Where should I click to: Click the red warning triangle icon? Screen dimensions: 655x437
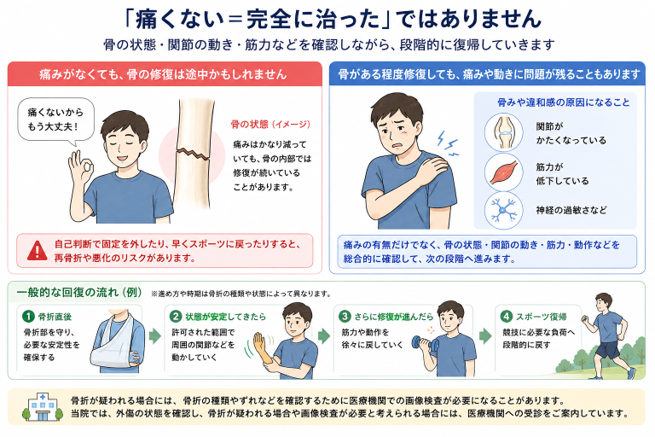click(x=38, y=250)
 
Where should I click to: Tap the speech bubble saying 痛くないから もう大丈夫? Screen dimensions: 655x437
click(x=55, y=120)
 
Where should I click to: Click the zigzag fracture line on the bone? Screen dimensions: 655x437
click(x=193, y=154)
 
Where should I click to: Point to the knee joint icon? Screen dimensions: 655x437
click(x=504, y=132)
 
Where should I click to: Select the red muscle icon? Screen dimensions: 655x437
click(x=504, y=172)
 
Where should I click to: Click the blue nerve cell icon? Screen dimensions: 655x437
click(x=504, y=210)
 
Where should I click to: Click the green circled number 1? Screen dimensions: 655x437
click(x=28, y=317)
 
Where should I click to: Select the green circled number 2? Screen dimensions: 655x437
click(x=176, y=317)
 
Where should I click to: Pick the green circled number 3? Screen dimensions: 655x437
click(x=345, y=317)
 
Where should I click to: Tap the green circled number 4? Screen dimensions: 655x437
click(x=507, y=317)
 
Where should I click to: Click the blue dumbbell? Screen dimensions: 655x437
click(x=426, y=343)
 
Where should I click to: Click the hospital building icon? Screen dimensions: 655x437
click(x=42, y=407)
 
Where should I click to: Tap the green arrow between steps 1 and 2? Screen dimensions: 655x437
click(x=155, y=335)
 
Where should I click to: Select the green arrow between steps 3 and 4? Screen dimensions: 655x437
click(x=485, y=335)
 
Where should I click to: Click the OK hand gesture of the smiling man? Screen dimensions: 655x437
click(x=81, y=169)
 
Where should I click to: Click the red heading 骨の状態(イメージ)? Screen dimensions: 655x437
click(x=270, y=125)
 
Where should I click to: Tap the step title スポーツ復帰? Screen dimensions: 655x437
click(x=542, y=317)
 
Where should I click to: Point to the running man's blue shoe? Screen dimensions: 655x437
click(x=632, y=372)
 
